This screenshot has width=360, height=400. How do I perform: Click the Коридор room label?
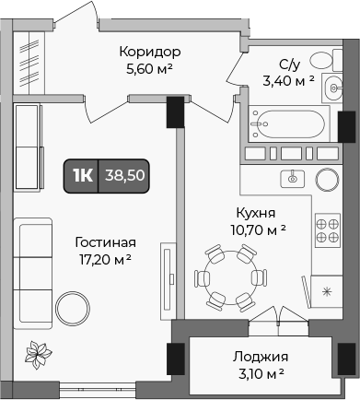149,52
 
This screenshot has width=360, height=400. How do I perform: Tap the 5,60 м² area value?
149,68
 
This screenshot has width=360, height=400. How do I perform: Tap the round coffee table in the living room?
71,305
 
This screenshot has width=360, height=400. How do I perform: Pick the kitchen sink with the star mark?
325,292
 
